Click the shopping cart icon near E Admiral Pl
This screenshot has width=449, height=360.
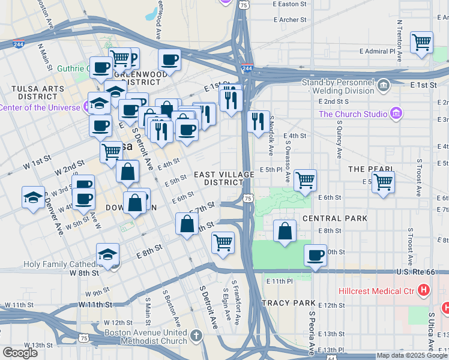point(421,43)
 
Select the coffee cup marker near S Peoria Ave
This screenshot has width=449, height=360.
point(315,256)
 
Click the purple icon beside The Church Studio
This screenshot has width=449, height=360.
point(395,113)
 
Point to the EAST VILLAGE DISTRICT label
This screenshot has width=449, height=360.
point(224,178)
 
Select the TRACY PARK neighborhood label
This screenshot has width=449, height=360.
point(285,303)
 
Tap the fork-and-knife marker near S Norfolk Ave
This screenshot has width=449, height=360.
point(258,122)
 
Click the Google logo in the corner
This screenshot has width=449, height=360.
point(20,353)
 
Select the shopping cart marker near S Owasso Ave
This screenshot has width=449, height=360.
point(306,180)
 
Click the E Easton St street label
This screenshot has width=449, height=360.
point(289,4)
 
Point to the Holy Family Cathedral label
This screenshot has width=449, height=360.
point(60,263)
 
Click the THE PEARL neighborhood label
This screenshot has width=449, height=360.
point(370,170)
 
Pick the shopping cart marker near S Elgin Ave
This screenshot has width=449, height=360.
point(223,243)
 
